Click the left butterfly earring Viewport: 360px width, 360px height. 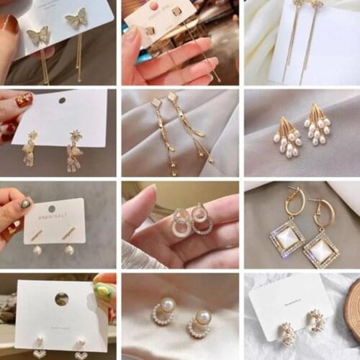(x=38, y=35)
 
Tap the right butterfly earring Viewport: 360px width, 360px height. (x=76, y=18)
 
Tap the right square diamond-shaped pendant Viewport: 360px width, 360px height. (x=320, y=249)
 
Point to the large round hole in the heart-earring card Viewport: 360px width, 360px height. (x=61, y=298)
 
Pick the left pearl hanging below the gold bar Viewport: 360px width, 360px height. (x=37, y=249)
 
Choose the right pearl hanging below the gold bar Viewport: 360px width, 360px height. (x=70, y=250)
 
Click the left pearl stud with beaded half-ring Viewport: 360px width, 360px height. (x=165, y=311)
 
